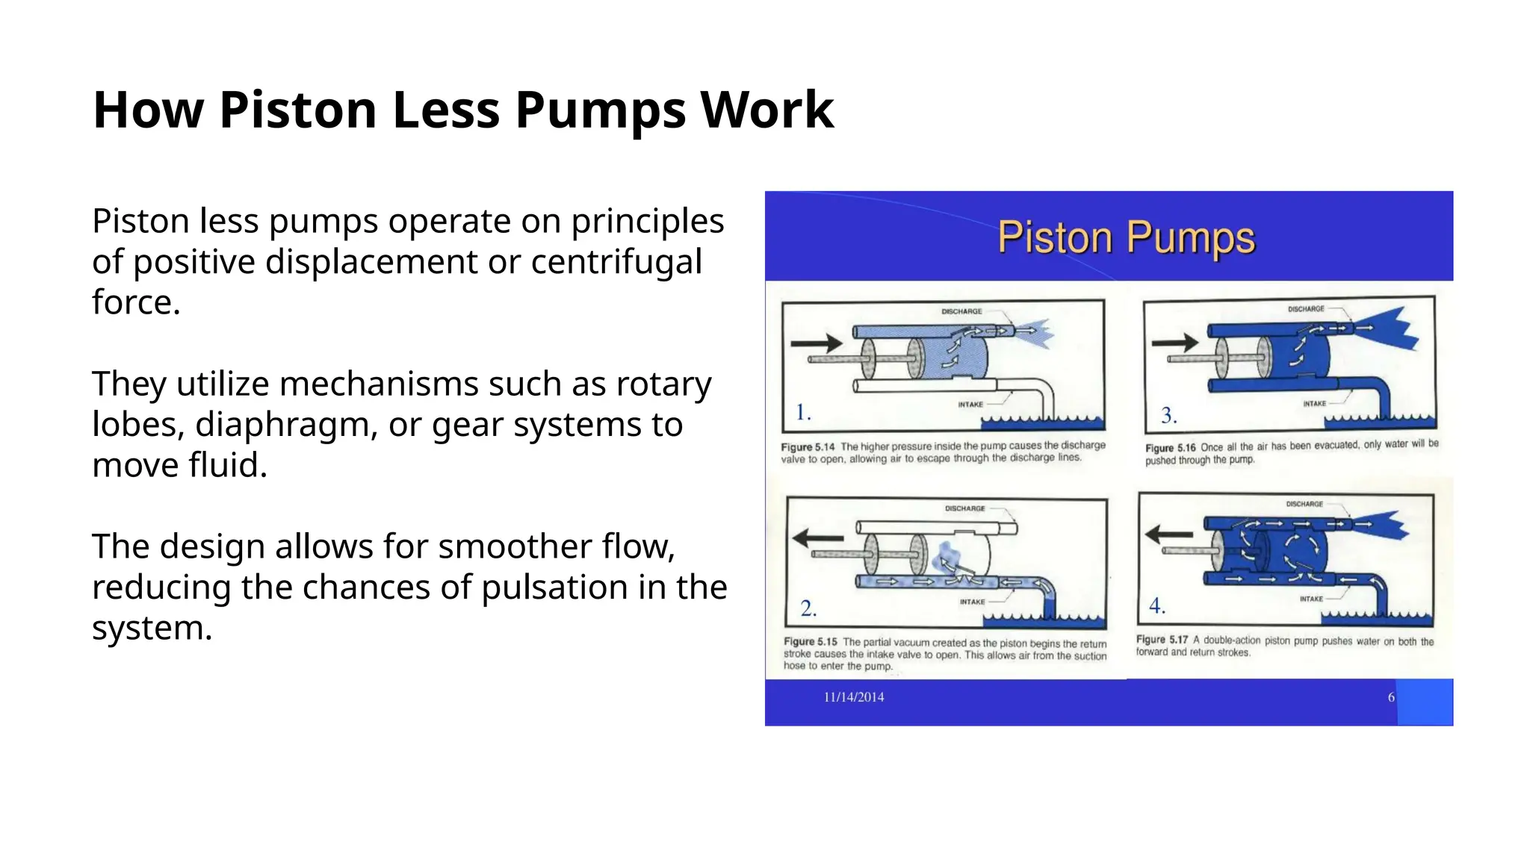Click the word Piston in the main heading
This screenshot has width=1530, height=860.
[297, 110]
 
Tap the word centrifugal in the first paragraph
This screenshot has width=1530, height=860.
[616, 262]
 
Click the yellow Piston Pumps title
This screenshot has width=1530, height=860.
[1126, 238]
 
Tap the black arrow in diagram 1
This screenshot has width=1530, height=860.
[816, 343]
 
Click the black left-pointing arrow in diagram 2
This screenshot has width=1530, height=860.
[817, 537]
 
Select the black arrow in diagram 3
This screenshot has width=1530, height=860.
[1174, 343]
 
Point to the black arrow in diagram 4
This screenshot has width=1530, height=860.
[1169, 534]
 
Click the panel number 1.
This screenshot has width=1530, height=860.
[803, 412]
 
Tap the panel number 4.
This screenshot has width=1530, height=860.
[1156, 605]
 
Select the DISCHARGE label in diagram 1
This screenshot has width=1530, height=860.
[961, 311]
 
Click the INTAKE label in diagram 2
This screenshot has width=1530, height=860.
[972, 602]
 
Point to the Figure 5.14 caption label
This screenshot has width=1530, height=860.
[808, 447]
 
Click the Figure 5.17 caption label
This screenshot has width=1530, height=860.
[1162, 640]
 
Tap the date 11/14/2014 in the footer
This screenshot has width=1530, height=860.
[853, 697]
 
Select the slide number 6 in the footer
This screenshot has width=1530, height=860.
[1391, 697]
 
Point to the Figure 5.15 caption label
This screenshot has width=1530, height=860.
[811, 642]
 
